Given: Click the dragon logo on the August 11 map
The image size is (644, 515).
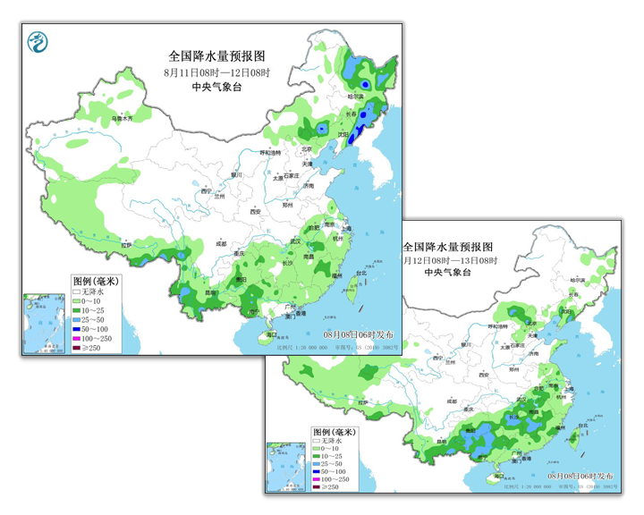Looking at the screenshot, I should click(x=39, y=41).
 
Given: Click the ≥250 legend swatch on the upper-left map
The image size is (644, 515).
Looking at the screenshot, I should click(x=78, y=349).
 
